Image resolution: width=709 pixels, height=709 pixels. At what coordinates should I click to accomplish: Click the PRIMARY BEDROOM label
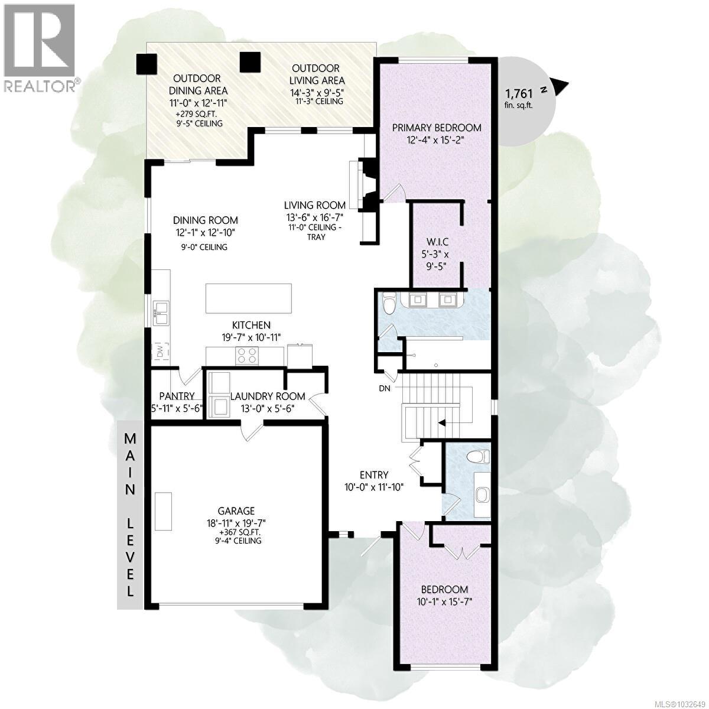coord(436,128)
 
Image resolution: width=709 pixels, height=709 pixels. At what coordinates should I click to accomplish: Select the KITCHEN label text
coord(251,325)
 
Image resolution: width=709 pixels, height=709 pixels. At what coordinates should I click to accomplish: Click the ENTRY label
coord(374,474)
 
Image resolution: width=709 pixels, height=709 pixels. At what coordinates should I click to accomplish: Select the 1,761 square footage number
coord(519,93)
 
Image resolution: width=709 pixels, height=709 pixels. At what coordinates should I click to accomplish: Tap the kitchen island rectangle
coord(249,298)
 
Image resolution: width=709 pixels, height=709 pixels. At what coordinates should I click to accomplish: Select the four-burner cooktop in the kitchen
coord(247,355)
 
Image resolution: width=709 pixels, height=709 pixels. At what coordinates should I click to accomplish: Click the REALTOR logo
coord(40,47)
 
